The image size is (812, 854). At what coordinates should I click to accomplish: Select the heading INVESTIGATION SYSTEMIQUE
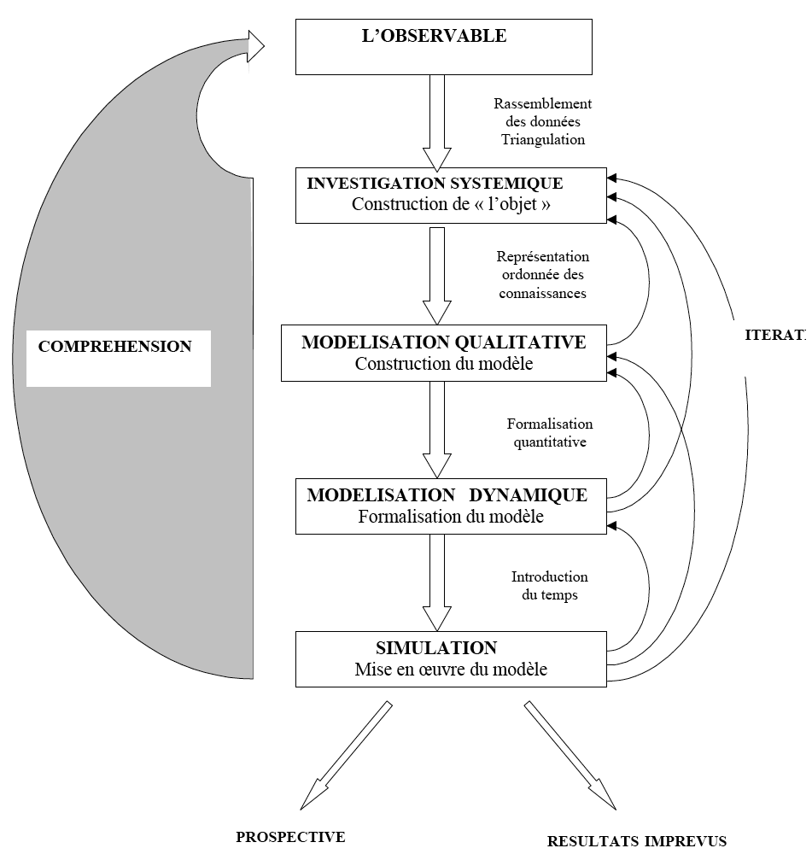pyautogui.click(x=435, y=183)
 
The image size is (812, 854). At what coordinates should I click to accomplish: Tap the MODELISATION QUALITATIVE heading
pyautogui.click(x=443, y=342)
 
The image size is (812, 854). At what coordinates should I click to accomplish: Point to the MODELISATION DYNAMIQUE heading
pyautogui.click(x=447, y=495)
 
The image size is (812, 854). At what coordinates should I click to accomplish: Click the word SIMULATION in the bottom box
pyautogui.click(x=436, y=648)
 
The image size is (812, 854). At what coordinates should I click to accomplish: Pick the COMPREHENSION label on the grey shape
pyautogui.click(x=114, y=347)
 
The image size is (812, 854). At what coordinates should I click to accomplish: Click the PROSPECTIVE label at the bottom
pyautogui.click(x=290, y=837)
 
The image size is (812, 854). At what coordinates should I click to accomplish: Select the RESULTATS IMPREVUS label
pyautogui.click(x=636, y=840)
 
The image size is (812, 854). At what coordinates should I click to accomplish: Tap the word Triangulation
pyautogui.click(x=543, y=140)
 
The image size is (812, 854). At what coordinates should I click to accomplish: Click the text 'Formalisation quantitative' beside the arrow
pyautogui.click(x=549, y=433)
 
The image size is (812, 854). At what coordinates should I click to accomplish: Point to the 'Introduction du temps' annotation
pyautogui.click(x=549, y=586)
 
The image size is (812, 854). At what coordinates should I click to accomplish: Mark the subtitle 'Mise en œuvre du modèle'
pyautogui.click(x=450, y=670)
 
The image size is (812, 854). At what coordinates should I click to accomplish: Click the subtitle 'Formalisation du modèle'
pyautogui.click(x=450, y=517)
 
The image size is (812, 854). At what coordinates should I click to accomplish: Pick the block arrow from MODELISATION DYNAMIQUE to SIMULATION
pyautogui.click(x=437, y=582)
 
